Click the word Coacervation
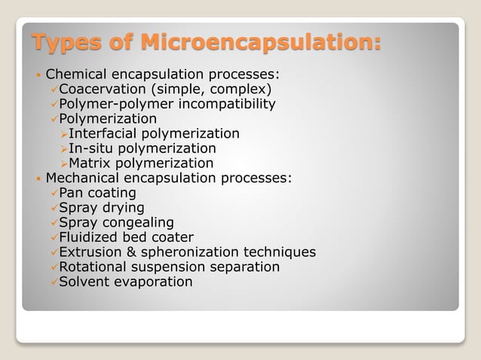tap(104, 90)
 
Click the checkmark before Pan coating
tap(53, 193)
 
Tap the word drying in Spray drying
tap(123, 208)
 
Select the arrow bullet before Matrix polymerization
tap(63, 163)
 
